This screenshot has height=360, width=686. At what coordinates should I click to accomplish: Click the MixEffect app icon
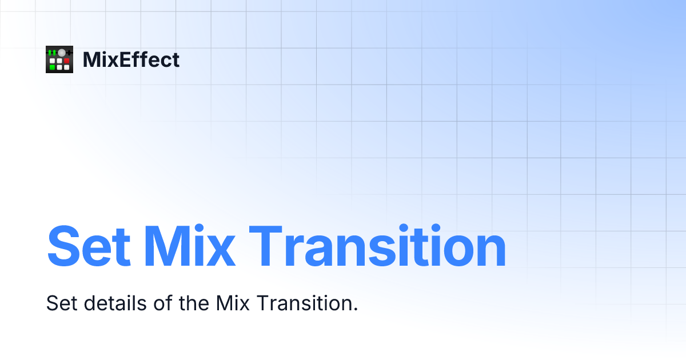click(x=59, y=59)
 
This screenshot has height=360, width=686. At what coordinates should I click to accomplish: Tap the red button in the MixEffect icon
click(x=66, y=61)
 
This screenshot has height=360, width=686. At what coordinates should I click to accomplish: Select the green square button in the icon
click(x=53, y=67)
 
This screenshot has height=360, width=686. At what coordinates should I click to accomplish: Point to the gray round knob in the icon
click(x=62, y=53)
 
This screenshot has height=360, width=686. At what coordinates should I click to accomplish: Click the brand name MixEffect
click(x=131, y=59)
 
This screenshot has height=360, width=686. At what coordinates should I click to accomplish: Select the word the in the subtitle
click(x=194, y=303)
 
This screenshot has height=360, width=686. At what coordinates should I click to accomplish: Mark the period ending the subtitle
click(x=355, y=309)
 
